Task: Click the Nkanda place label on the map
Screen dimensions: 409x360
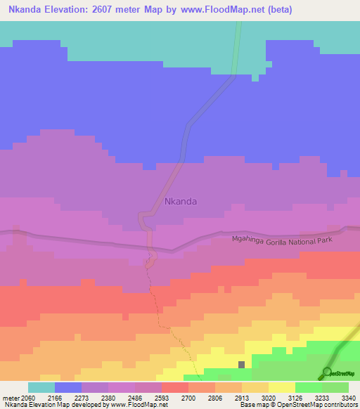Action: tap(181, 201)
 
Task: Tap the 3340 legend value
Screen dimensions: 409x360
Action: tap(349, 397)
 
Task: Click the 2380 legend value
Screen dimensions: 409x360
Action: tap(109, 397)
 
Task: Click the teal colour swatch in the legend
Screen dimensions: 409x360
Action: tap(41, 387)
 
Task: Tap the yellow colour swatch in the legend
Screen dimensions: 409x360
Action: tap(281, 387)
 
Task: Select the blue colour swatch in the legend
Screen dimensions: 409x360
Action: tap(68, 387)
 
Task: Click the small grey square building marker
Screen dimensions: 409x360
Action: tap(242, 365)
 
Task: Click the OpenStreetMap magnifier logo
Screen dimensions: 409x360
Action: tap(326, 372)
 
